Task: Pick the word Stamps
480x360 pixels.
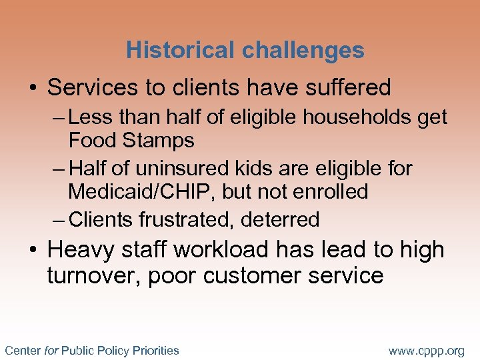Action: (163, 141)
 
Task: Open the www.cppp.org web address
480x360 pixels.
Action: (427, 351)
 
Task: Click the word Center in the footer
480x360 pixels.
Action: (22, 350)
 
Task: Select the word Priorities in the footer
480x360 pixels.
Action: (156, 350)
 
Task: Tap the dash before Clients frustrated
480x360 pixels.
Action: (59, 219)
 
